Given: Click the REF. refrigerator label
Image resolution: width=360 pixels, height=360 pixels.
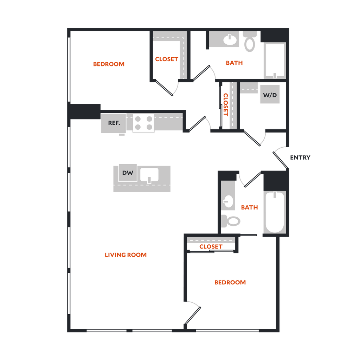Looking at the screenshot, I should (114, 123).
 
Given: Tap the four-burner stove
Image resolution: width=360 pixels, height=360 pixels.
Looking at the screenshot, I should (143, 123).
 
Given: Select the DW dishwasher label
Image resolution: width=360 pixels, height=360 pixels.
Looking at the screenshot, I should (127, 173).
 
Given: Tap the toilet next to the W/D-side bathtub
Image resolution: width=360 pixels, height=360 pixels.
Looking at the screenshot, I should (250, 42).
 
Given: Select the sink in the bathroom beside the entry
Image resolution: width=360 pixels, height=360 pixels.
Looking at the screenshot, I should (228, 201).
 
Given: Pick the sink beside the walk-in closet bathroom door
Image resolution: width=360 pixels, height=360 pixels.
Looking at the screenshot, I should (230, 39).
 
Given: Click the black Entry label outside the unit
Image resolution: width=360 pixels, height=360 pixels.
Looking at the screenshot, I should (300, 157).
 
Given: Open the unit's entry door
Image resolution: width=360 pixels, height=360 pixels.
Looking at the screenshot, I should (279, 160).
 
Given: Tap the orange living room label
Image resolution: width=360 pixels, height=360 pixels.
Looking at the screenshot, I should (126, 255).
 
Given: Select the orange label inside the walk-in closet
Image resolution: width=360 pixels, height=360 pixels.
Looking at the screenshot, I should (166, 59).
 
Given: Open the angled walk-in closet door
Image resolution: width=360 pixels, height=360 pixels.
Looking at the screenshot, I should (165, 88).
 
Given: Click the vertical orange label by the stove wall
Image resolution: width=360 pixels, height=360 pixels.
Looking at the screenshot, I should (226, 104).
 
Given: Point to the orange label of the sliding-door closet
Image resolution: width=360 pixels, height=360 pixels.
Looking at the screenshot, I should (211, 247).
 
